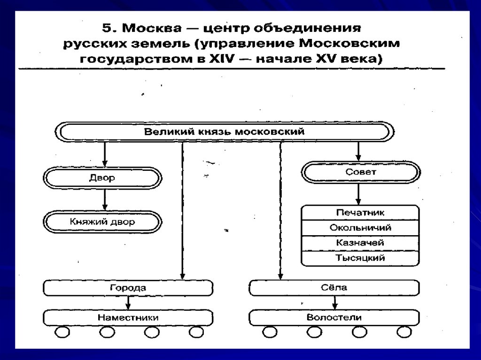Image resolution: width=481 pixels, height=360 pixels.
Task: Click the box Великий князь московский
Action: click(x=224, y=131)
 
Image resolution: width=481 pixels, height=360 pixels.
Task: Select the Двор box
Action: click(x=102, y=178)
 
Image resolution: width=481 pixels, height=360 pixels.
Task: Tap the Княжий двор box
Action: click(x=102, y=222)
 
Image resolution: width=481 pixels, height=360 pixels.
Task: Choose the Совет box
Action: click(x=360, y=172)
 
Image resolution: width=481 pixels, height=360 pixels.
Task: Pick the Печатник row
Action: click(x=360, y=213)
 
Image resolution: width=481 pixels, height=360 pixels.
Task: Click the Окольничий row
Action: click(x=360, y=228)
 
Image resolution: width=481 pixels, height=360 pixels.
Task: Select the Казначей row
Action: click(x=360, y=243)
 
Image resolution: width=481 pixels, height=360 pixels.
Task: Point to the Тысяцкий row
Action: click(x=360, y=258)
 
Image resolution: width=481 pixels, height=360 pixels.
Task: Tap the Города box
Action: click(x=128, y=288)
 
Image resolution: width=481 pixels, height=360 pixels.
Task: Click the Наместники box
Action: click(x=128, y=318)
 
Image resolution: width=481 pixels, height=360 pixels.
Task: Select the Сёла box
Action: click(x=334, y=288)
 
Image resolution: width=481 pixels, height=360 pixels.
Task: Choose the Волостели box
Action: click(x=334, y=318)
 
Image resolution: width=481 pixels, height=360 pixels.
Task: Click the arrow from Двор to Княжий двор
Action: click(x=105, y=200)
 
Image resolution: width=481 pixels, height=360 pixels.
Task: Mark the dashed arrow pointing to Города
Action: click(x=182, y=211)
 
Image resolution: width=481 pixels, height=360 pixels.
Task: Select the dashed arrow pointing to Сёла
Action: click(x=281, y=211)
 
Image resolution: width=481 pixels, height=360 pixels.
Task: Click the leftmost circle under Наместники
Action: click(x=62, y=332)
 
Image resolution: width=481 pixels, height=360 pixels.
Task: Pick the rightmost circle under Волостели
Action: click(x=403, y=332)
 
